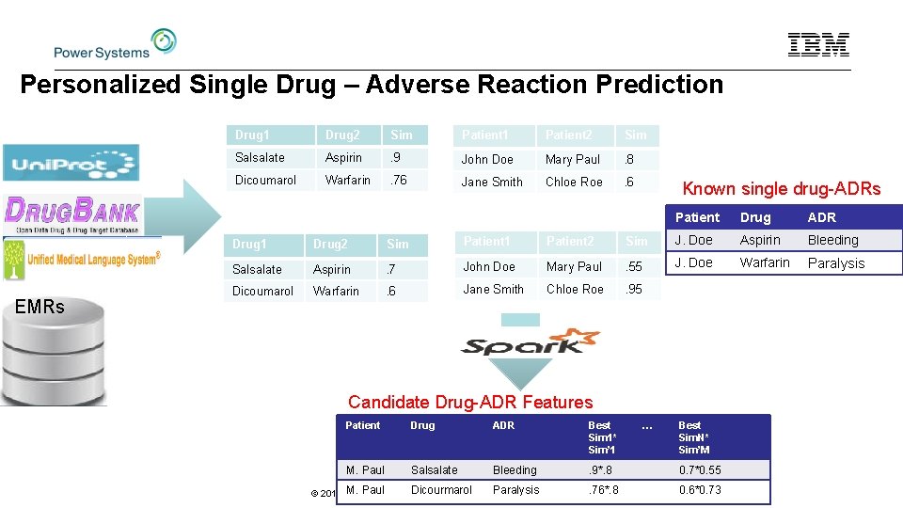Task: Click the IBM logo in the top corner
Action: coord(818,44)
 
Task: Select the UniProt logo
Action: coord(71,163)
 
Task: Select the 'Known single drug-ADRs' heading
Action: coord(781,188)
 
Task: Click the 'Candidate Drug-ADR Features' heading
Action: coord(470,402)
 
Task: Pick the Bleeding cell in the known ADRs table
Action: coord(833,240)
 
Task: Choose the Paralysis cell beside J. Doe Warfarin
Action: coord(836,263)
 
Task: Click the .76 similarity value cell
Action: coord(399,180)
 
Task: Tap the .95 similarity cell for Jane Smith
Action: coord(635,289)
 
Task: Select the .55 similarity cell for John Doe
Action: coord(635,266)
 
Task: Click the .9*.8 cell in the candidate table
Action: coord(602,469)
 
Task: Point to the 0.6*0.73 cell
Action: coord(700,489)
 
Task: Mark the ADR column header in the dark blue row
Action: coord(822,217)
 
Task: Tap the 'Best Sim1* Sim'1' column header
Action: coord(602,437)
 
